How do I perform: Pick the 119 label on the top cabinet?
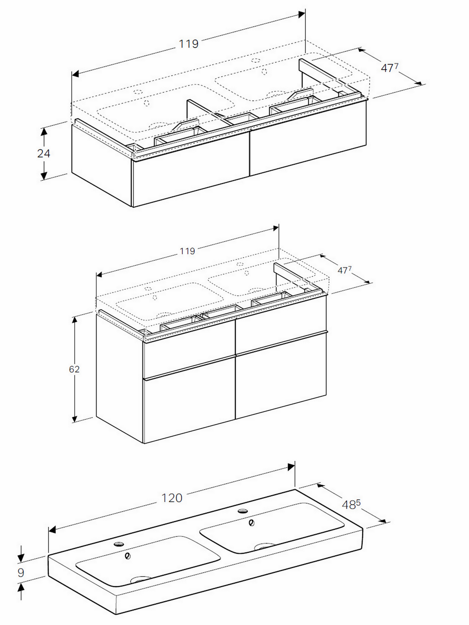(x=189, y=44)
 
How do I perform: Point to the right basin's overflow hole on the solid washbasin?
(x=251, y=523)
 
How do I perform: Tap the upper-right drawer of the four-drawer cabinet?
(x=281, y=325)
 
